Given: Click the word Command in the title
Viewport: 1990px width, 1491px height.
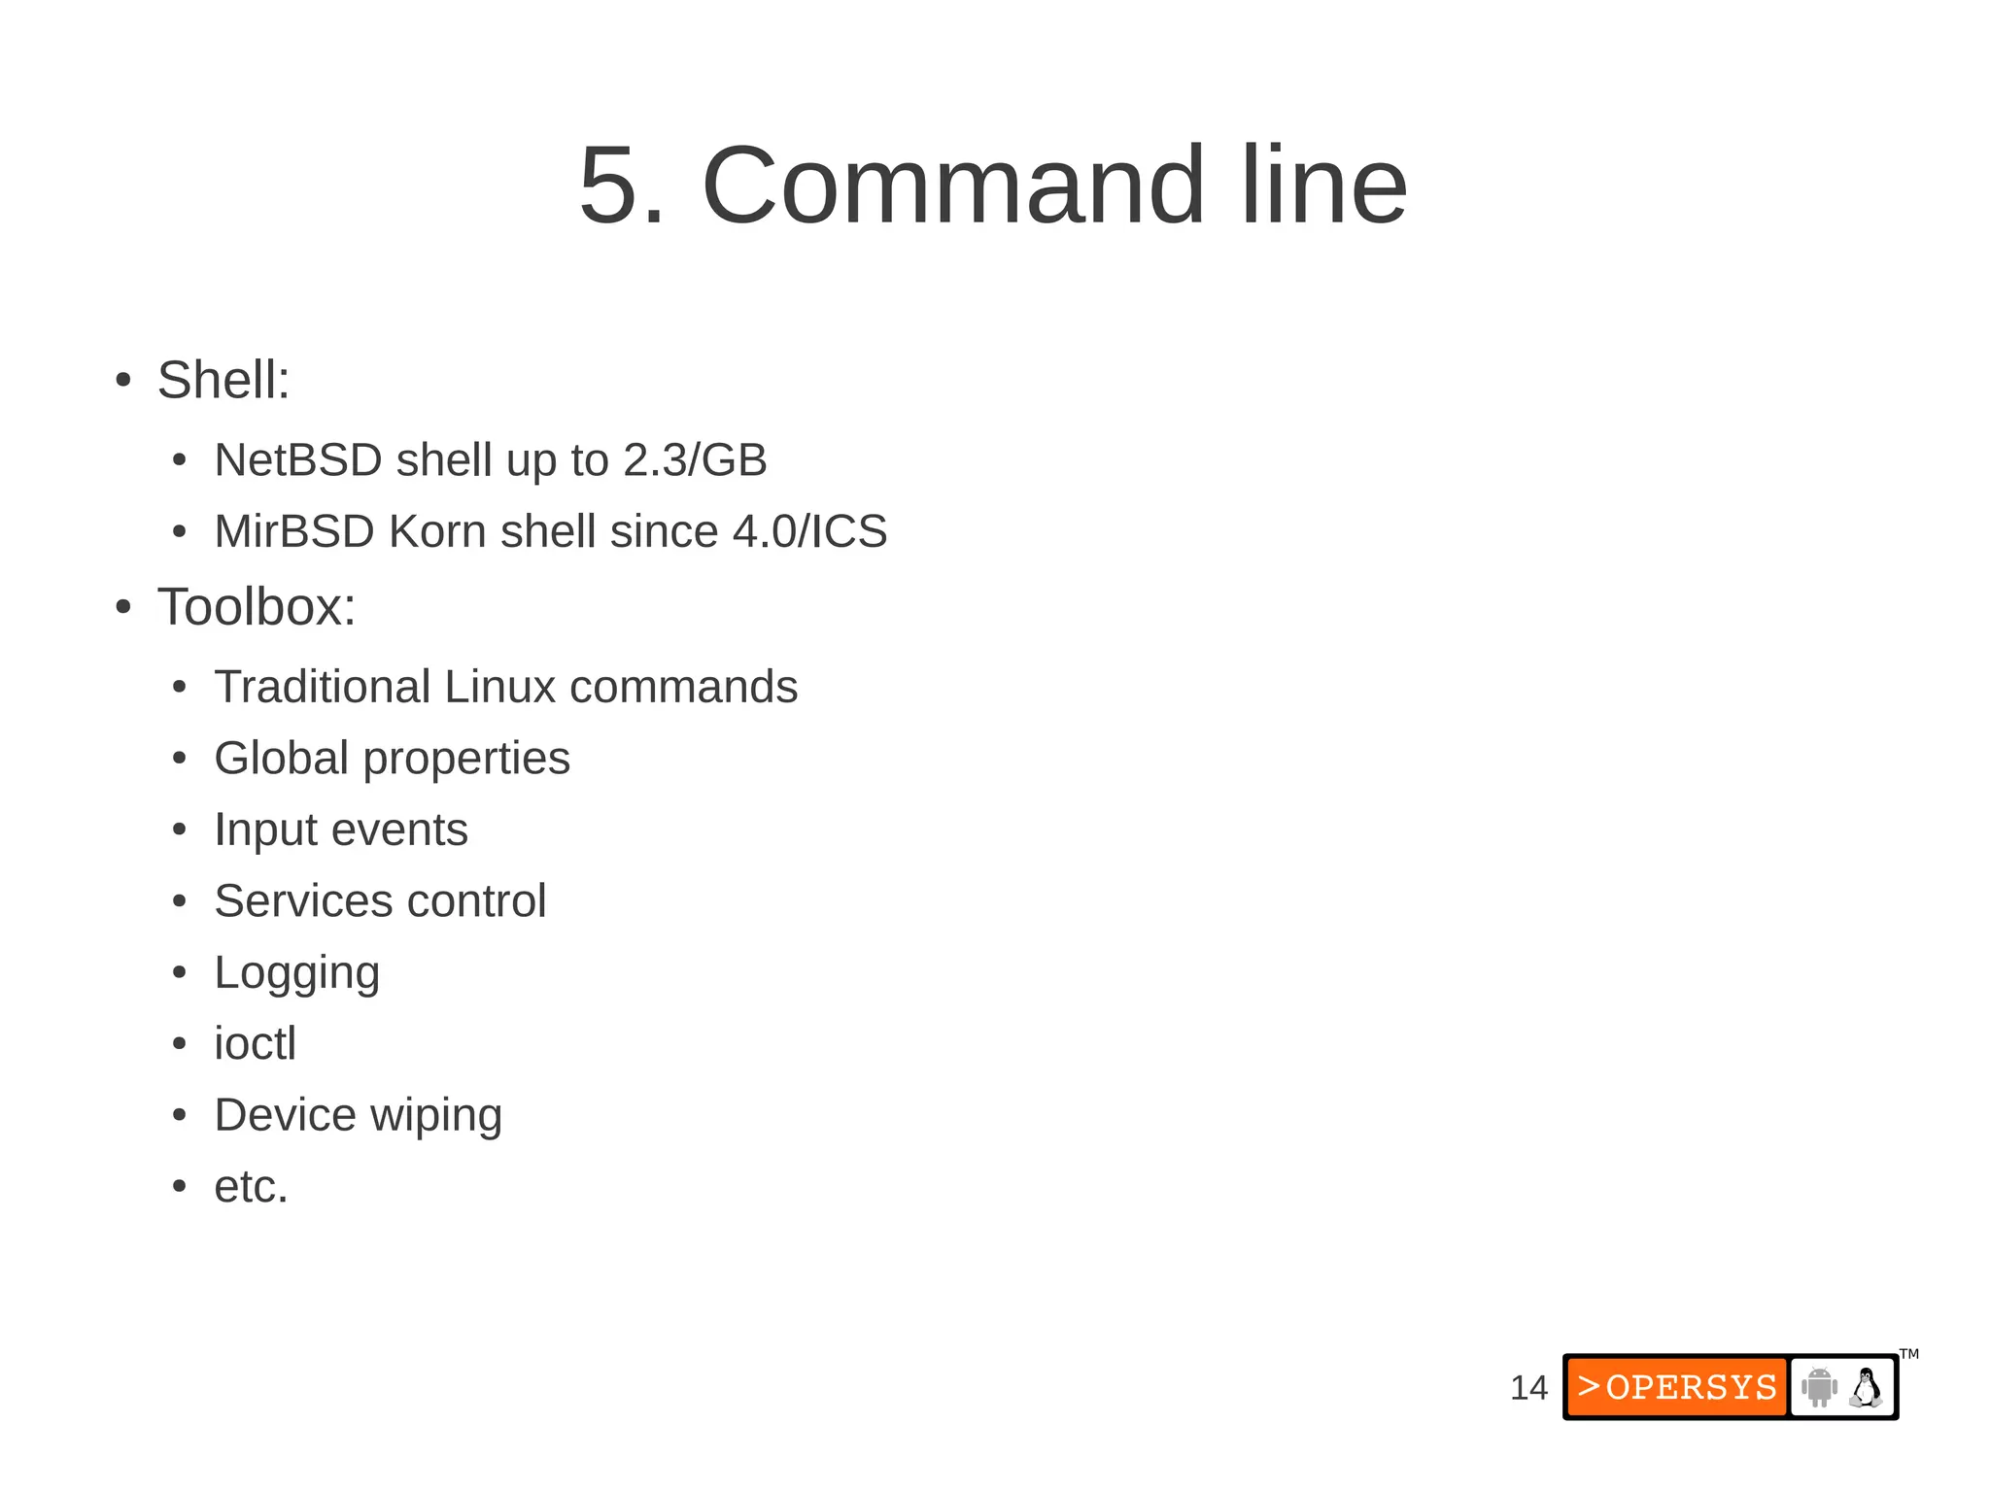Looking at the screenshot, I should pos(952,186).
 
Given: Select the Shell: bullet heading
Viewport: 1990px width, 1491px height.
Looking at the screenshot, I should pos(223,380).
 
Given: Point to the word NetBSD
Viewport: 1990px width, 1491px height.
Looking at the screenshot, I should pos(297,460).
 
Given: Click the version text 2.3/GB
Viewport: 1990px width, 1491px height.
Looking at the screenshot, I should pos(695,460).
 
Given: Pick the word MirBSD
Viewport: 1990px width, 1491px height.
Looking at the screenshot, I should pos(294,532).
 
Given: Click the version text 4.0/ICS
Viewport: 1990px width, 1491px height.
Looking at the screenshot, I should pos(809,532).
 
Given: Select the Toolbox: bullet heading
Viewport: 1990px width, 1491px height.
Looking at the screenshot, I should pos(257,607).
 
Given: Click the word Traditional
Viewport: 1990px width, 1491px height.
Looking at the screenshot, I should pos(323,688).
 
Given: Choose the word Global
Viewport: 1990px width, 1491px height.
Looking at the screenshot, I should pos(281,759).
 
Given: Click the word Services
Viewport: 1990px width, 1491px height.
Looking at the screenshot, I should pos(304,901).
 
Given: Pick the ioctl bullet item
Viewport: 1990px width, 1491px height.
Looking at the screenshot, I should pos(255,1044).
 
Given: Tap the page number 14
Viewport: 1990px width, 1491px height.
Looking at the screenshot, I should pos(1528,1388).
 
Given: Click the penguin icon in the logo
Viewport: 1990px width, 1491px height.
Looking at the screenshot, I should pos(1866,1388).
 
